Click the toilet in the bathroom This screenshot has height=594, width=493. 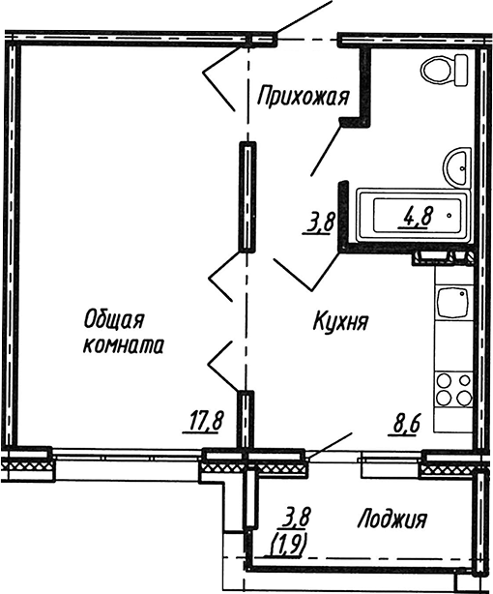point(445,70)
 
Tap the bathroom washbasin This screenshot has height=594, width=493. point(457,166)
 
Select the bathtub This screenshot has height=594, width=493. point(414,215)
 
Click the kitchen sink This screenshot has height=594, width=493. point(452,304)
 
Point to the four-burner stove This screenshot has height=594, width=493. point(453,389)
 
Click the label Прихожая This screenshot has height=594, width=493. point(303,97)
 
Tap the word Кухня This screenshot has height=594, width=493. point(341,321)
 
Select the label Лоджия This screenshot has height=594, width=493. point(392,520)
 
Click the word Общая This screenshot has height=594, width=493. point(114,321)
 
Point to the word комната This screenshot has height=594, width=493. point(124,345)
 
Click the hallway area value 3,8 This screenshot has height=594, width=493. point(318,224)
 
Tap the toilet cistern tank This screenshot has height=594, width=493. point(461,70)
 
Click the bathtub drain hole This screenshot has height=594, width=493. point(449,216)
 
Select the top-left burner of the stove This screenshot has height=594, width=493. point(444,380)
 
